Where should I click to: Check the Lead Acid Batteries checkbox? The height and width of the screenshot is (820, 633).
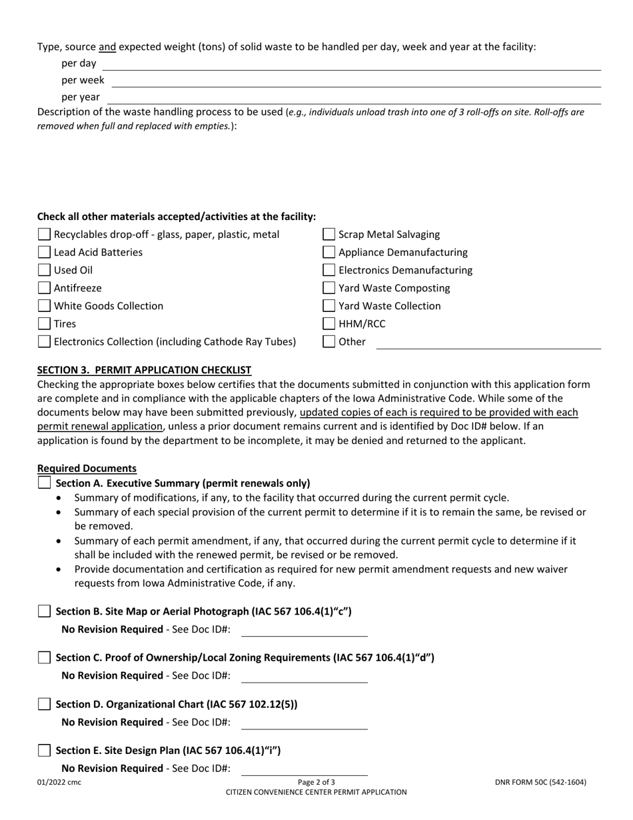[44, 252]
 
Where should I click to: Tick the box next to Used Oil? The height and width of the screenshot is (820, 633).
[44, 270]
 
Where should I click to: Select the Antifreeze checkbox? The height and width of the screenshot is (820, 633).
[44, 288]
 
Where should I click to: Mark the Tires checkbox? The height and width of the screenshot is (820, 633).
[44, 324]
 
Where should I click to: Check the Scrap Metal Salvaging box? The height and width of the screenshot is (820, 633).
[329, 234]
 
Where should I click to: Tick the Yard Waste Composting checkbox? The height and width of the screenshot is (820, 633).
[329, 288]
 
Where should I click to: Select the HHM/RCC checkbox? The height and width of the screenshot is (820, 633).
[329, 324]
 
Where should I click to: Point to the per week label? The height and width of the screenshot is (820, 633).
[83, 80]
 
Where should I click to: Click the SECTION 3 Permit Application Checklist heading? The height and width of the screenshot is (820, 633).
[144, 369]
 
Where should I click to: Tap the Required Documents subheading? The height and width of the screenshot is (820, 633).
[87, 469]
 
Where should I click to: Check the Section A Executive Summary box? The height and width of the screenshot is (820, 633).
[44, 483]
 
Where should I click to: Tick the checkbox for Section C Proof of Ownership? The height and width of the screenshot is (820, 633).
[44, 657]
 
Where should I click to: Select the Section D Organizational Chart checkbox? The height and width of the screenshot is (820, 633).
[44, 704]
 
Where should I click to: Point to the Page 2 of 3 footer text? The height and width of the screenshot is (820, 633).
[316, 782]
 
